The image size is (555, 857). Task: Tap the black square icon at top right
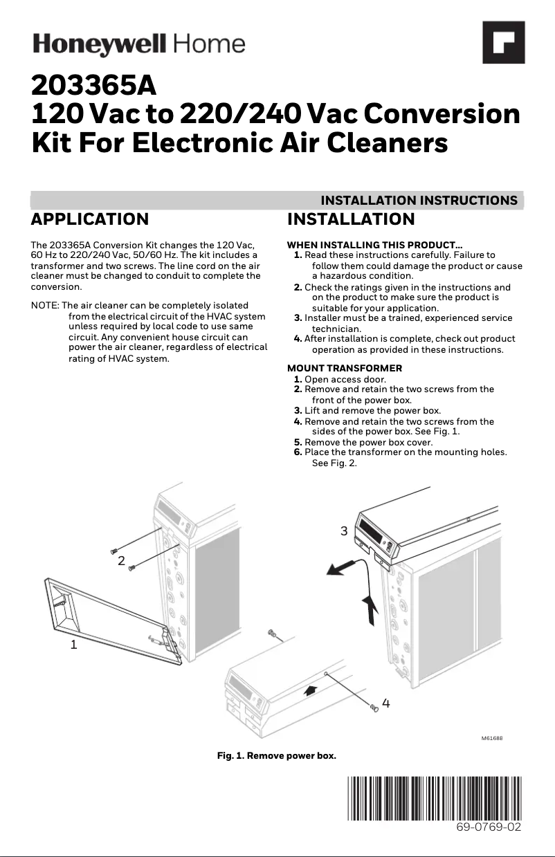point(503,42)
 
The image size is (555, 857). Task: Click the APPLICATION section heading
point(90,219)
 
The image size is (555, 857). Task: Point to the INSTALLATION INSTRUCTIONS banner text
point(419,201)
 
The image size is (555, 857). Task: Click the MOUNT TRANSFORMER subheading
point(344,368)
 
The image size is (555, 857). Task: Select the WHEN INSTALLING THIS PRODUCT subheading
point(374,245)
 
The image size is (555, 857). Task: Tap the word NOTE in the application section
point(45,306)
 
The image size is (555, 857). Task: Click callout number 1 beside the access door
point(73,645)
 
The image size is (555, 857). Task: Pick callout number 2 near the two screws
point(121,561)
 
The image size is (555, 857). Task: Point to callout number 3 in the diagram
point(344,531)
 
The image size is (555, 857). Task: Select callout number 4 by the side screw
point(386,703)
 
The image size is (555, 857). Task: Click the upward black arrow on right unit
point(371,608)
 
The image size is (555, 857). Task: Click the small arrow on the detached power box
point(312,690)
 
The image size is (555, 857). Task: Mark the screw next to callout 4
point(374,707)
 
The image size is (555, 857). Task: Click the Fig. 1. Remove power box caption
point(277,756)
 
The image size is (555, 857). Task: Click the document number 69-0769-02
point(488,827)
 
